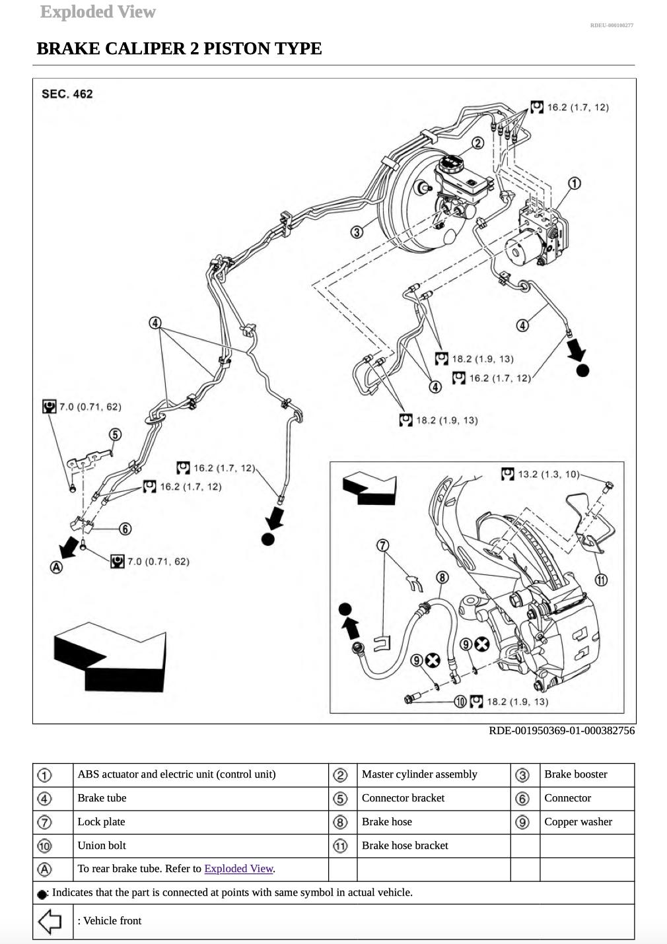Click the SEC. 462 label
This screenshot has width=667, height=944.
click(67, 94)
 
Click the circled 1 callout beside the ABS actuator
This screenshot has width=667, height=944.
click(575, 183)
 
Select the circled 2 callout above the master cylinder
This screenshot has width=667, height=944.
click(477, 143)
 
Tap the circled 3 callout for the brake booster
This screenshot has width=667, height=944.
click(357, 232)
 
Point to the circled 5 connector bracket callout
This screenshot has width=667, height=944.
click(116, 434)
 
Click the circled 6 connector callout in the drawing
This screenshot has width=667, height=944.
click(125, 529)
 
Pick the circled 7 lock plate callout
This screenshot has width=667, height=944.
click(383, 545)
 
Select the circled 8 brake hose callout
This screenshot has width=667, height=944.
click(442, 578)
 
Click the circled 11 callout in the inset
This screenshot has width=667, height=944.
click(601, 580)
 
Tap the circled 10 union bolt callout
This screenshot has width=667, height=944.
click(460, 702)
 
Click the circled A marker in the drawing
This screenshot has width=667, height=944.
click(57, 567)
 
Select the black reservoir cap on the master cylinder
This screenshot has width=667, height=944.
click(452, 162)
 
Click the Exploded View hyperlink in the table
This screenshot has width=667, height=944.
click(238, 869)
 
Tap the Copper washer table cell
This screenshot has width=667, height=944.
click(578, 822)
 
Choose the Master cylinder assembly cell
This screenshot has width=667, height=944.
click(419, 774)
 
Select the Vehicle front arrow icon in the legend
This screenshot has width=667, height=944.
click(50, 921)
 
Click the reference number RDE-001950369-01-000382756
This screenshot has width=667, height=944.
click(561, 730)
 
